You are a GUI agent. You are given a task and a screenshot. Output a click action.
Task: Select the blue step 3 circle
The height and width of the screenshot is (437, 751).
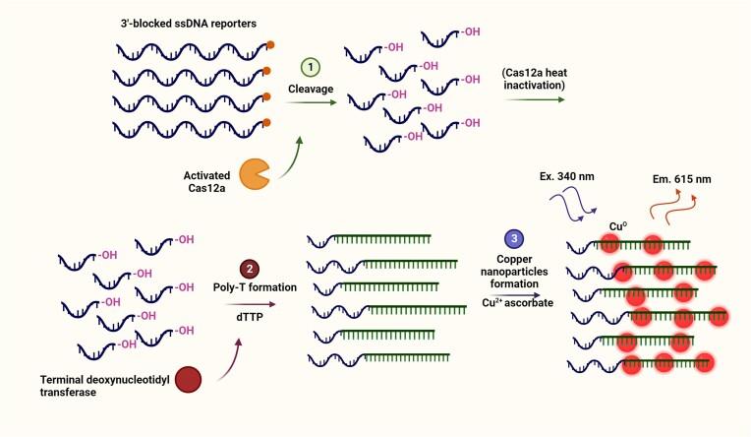tap(513, 239)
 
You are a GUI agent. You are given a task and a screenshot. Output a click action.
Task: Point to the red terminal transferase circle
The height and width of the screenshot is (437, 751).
tap(191, 381)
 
